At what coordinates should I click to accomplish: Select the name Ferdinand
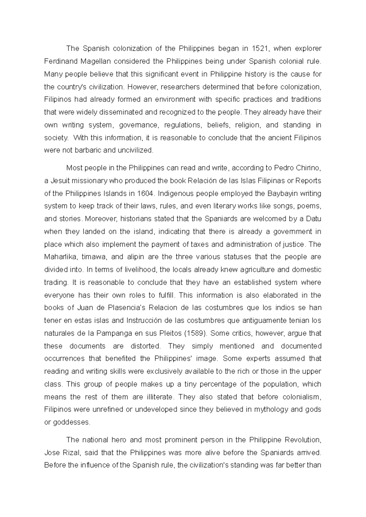coord(60,61)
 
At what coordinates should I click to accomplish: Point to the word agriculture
coord(260,269)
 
